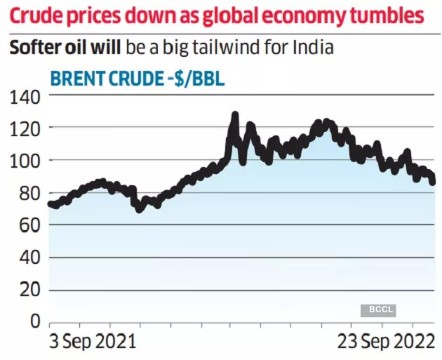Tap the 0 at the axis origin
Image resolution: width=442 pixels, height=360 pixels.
pyautogui.click(x=33, y=322)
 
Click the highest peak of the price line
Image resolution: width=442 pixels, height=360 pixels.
pyautogui.click(x=235, y=114)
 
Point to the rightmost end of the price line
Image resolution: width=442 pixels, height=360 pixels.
pyautogui.click(x=432, y=182)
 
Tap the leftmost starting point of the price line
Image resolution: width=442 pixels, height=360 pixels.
pyautogui.click(x=50, y=204)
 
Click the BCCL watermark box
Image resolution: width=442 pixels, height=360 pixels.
pyautogui.click(x=377, y=309)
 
